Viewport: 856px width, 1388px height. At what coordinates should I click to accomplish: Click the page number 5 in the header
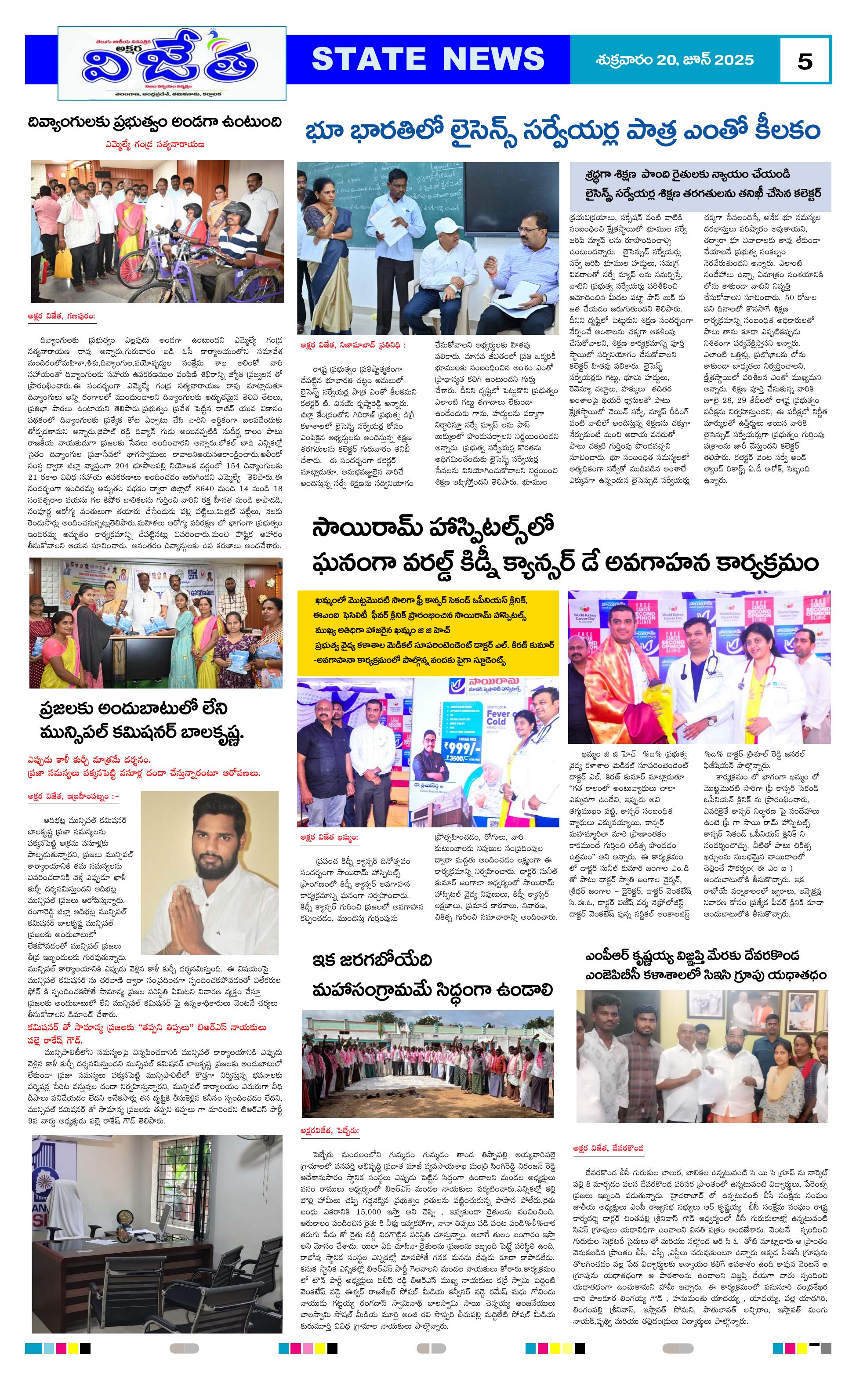(805, 61)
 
